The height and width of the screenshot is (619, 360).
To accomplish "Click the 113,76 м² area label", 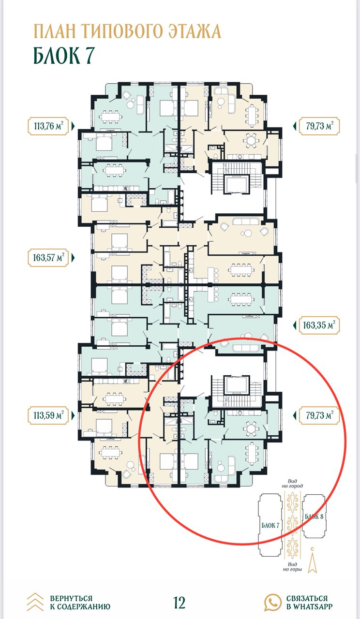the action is tap(48, 126).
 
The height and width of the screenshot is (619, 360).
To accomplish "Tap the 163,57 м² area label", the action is tap(48, 258).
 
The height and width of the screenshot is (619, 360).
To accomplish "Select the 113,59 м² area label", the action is tap(48, 415).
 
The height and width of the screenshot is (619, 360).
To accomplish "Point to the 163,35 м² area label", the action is tap(319, 325).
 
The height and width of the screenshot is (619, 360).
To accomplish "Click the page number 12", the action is tap(180, 602).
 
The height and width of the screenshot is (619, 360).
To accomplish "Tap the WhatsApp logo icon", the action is tap(273, 602).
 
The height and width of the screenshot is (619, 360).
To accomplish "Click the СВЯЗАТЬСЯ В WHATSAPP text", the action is tap(309, 603).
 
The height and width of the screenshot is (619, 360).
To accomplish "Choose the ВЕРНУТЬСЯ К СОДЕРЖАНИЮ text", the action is tap(80, 603).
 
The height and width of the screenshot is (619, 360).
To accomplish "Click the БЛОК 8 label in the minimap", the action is tap(314, 516).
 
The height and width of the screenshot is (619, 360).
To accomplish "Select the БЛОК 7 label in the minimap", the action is tap(270, 525).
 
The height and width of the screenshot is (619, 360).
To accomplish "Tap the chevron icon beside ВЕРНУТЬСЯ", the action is tap(35, 602).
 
